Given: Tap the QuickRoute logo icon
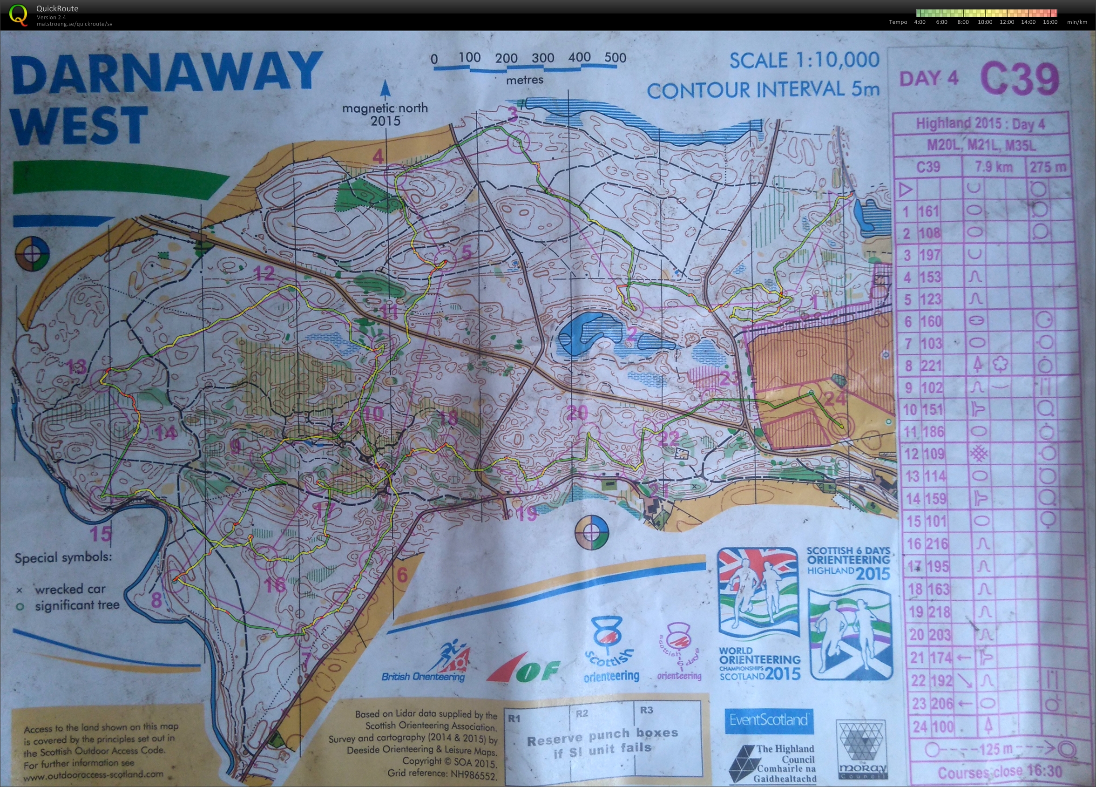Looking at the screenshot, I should (18, 14).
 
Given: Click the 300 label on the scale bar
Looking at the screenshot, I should (543, 58).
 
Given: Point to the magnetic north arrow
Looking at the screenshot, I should (385, 90).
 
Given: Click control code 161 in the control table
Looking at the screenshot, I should (928, 211).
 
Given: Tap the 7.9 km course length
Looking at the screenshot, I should (993, 167).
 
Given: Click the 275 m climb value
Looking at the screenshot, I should (1047, 167).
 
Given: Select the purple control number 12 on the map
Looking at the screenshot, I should (264, 274).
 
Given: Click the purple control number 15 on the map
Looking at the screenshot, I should (101, 534).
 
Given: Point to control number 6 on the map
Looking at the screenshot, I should (402, 575).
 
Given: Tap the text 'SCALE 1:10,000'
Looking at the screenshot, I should (804, 61).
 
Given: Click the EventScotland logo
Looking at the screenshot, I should (768, 720).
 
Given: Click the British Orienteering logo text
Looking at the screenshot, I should (423, 676).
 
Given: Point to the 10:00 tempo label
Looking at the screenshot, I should (984, 22).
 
